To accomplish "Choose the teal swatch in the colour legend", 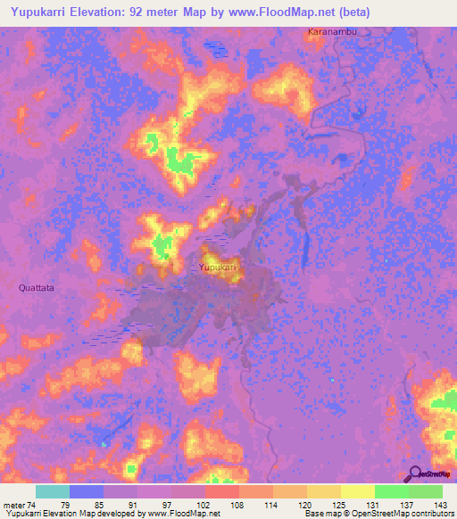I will (x=53, y=491).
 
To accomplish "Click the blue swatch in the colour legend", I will (x=87, y=491).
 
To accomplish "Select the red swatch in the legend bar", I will (x=222, y=491).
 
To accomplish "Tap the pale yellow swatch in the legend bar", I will (x=358, y=491).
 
